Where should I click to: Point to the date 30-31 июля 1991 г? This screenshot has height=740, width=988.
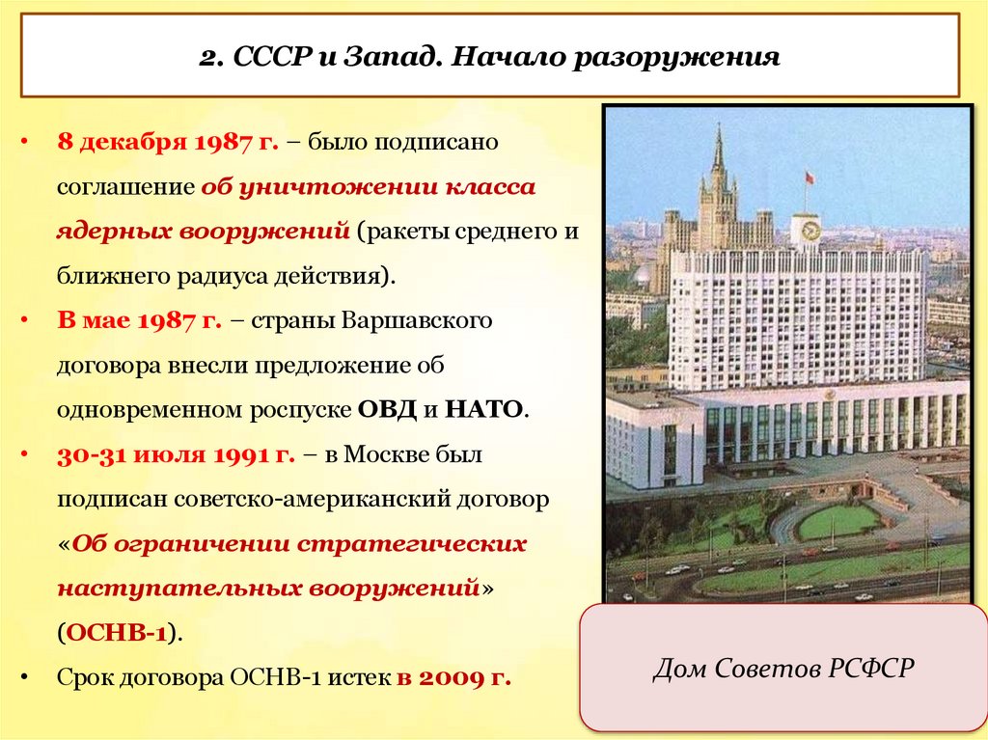pyautogui.click(x=176, y=454)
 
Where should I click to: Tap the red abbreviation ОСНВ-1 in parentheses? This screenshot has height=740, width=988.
pyautogui.click(x=117, y=633)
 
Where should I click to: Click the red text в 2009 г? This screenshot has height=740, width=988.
pyautogui.click(x=453, y=677)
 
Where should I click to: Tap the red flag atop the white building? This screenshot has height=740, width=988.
pyautogui.click(x=810, y=177)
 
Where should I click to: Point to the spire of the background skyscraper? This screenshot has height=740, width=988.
pyautogui.click(x=717, y=150)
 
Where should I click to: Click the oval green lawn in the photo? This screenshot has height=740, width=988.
pyautogui.click(x=837, y=522)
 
